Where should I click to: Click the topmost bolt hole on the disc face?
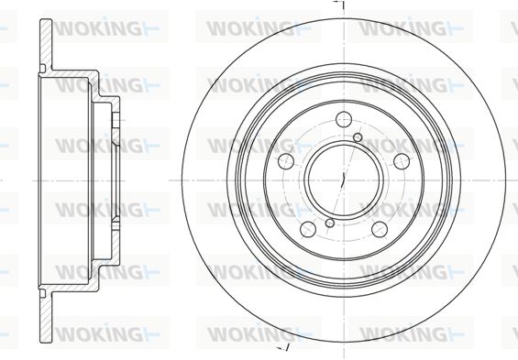pyautogui.click(x=344, y=119)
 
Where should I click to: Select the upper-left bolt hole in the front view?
pyautogui.click(x=286, y=161)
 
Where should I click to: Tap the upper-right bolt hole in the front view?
pyautogui.click(x=402, y=161)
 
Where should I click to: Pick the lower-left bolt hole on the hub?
pyautogui.click(x=308, y=229)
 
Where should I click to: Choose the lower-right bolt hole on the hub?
pyautogui.click(x=380, y=229)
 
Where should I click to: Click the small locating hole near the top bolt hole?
pyautogui.click(x=358, y=137)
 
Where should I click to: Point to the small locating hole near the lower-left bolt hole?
pyautogui.click(x=330, y=224)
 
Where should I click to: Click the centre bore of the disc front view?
pyautogui.click(x=344, y=180)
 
